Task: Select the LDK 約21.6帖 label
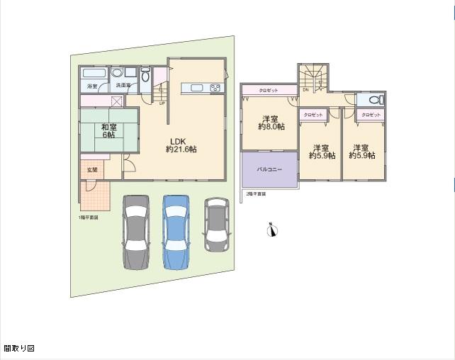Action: click(x=181, y=145)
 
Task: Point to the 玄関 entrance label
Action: click(x=92, y=170)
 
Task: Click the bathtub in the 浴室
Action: click(x=93, y=74)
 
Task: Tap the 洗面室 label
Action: click(x=123, y=86)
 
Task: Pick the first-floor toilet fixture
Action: click(x=145, y=77)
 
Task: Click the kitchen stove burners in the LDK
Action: click(x=215, y=89)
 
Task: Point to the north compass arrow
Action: click(x=270, y=229)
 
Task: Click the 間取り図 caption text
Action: click(x=19, y=349)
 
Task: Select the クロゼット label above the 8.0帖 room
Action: click(x=268, y=90)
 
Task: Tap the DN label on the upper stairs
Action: click(x=305, y=90)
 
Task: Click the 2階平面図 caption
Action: click(x=256, y=193)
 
